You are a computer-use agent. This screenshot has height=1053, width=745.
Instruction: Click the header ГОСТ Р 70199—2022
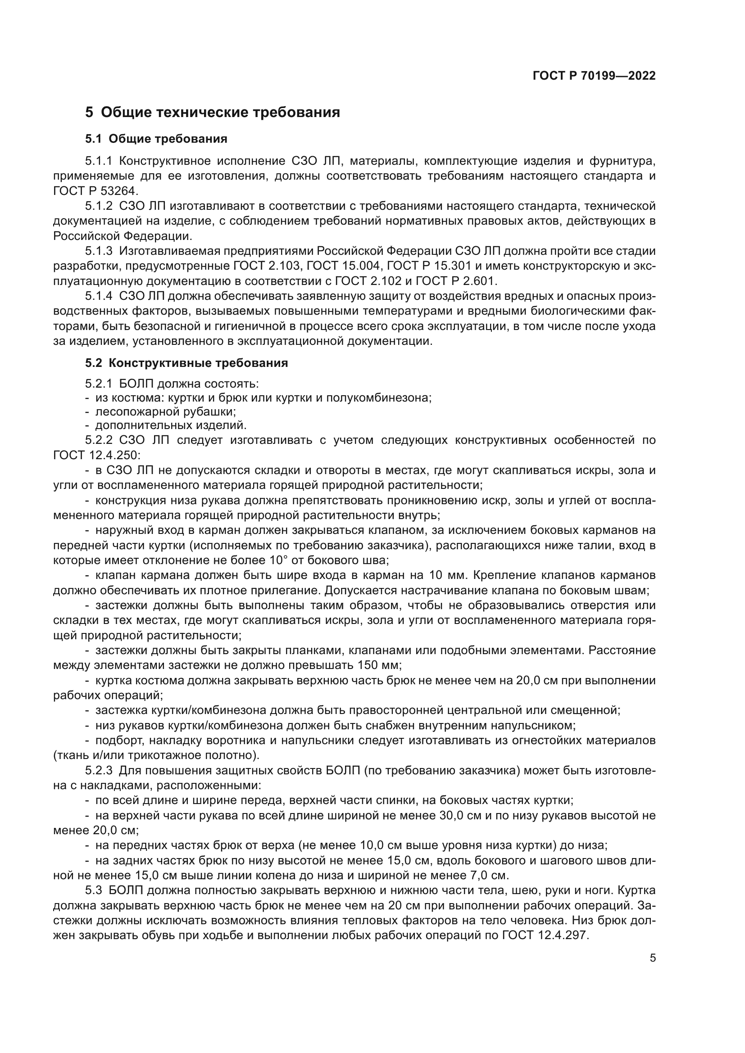point(594,76)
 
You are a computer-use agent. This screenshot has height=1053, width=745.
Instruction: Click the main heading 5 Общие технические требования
point(213,113)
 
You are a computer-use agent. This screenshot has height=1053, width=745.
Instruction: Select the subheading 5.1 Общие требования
point(156,139)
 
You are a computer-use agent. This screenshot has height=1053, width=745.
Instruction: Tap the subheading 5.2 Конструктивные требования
point(186,363)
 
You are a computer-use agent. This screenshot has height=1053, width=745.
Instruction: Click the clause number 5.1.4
point(99,296)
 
